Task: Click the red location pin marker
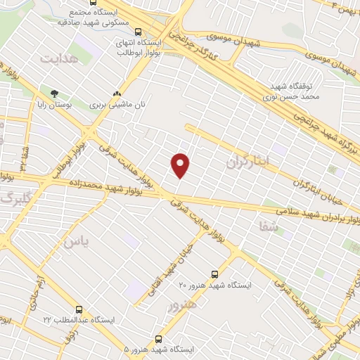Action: pyautogui.click(x=181, y=165)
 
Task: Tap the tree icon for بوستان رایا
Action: pyautogui.click(x=54, y=92)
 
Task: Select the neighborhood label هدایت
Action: pyautogui.click(x=58, y=58)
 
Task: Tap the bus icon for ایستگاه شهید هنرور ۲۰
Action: pyautogui.click(x=214, y=274)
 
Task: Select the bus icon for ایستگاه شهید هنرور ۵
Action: pyautogui.click(x=158, y=338)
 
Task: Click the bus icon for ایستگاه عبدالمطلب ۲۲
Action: pyautogui.click(x=79, y=309)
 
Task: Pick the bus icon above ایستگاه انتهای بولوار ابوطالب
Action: pyautogui.click(x=138, y=32)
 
